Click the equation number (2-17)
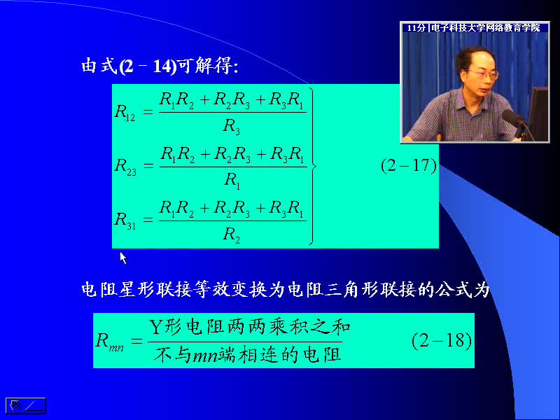pos(409,166)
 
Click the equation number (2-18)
pos(442,340)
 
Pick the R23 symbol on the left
pos(125,167)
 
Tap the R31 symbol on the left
pos(125,220)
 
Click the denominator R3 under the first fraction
pos(232,127)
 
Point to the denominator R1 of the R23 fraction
pos(232,181)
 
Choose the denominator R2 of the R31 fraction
pos(232,235)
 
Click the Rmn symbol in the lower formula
pos(110,341)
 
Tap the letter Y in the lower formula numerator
pos(155,326)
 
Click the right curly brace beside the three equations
pos(311,166)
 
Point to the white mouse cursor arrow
pos(123,258)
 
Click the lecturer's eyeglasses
pos(483,75)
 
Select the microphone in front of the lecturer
pos(514,120)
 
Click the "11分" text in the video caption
pos(416,28)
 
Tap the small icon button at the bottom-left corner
pos(26,406)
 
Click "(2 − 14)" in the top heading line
pos(148,66)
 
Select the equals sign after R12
pos(148,112)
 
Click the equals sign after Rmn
pos(136,341)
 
